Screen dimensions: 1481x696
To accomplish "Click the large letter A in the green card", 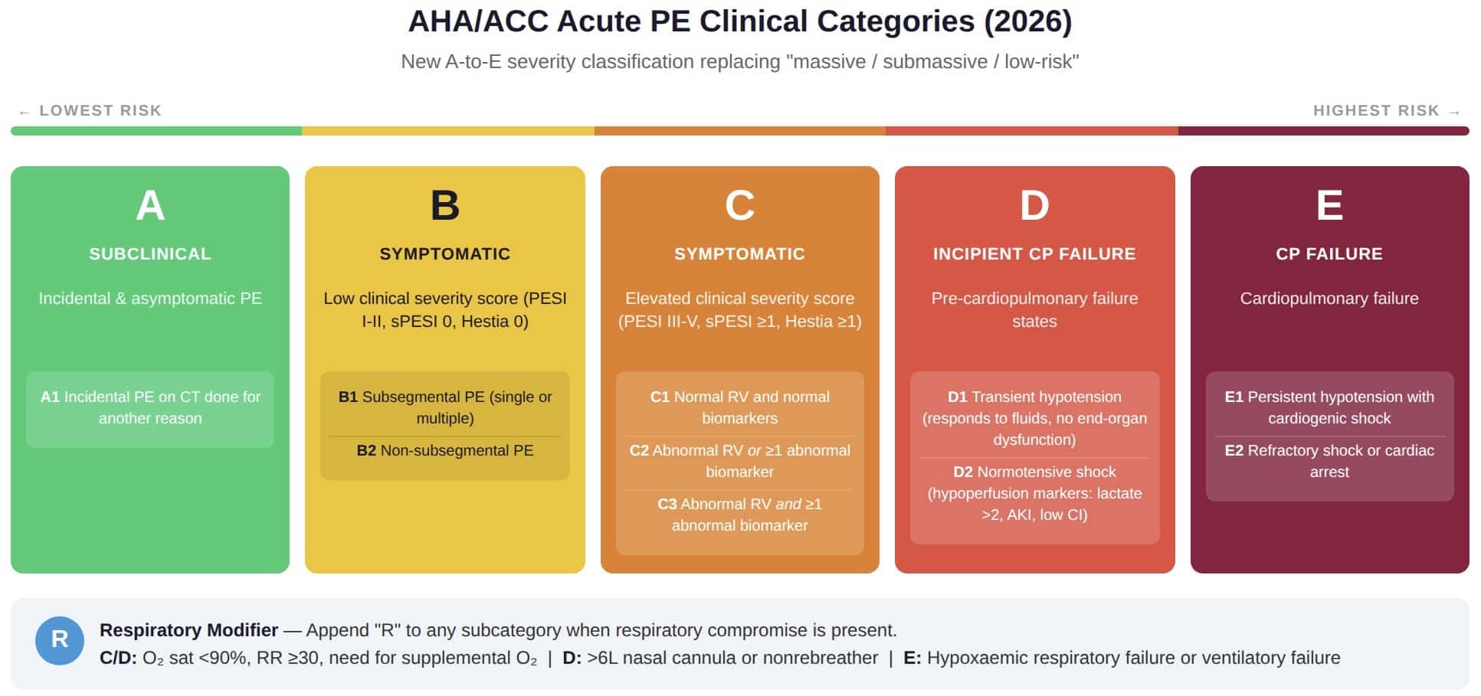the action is pos(150,205).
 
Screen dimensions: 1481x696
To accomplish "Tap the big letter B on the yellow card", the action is pos(445,205).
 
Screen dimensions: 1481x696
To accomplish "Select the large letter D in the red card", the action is pos(1034,205).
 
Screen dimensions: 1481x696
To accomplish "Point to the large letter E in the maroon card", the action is pos(1329,205).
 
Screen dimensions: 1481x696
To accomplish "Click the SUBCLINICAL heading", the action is pos(150,254).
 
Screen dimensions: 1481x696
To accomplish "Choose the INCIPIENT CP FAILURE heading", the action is pos(1034,254).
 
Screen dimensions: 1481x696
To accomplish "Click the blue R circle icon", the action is pos(60,640).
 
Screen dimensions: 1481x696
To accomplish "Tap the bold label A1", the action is pos(50,397).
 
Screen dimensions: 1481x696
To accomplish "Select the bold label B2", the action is pos(366,450).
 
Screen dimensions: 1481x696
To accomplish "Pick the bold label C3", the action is pos(667,504).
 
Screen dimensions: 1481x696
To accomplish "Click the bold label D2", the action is pos(963,472).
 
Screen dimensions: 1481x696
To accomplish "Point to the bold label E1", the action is pos(1234,397).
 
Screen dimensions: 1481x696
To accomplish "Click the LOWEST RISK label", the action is pos(100,110).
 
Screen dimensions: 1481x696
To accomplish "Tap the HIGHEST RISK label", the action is pos(1376,110).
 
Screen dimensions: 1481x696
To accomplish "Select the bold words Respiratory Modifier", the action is pos(188,630).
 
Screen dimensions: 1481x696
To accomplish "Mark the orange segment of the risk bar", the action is pos(740,131).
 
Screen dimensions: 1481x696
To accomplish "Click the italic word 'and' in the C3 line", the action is pos(788,504).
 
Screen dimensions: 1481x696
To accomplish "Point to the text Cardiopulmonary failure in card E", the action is pos(1329,299).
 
